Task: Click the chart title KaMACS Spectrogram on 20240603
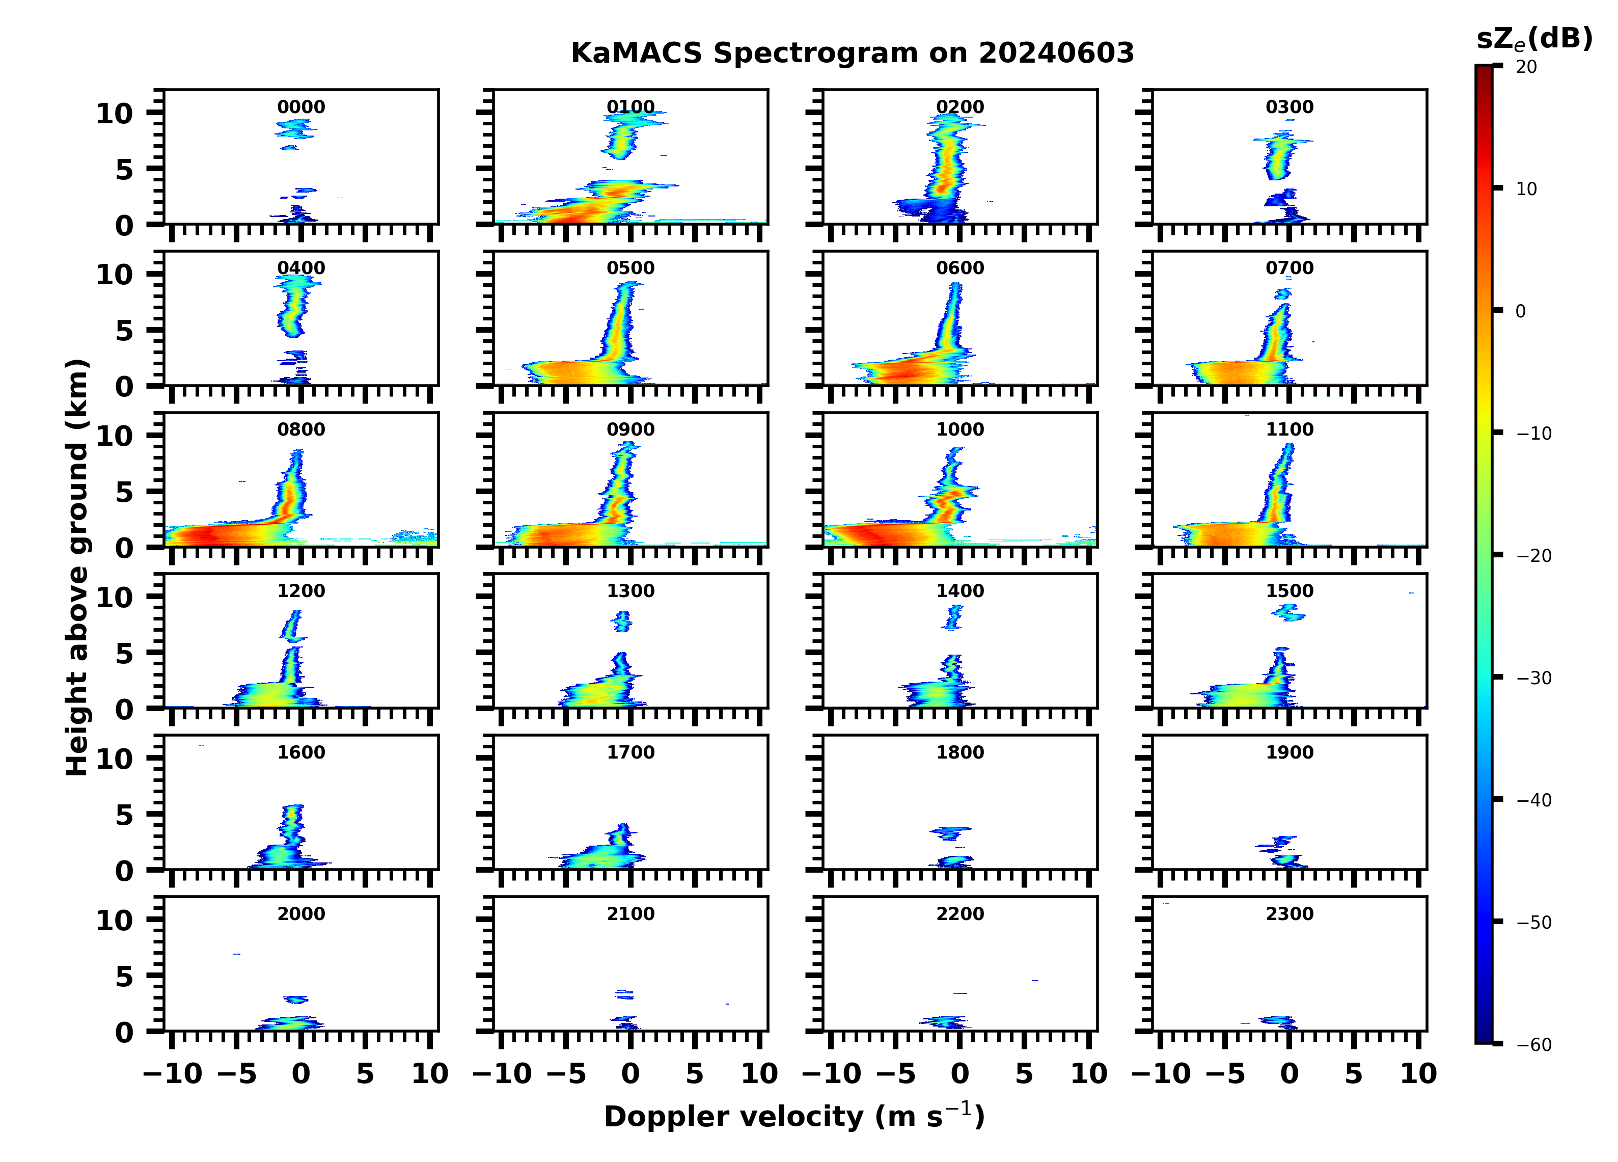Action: [x=852, y=53]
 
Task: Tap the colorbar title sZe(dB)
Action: [x=1534, y=39]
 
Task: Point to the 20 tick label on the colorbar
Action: [x=1527, y=67]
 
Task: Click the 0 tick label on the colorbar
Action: [x=1520, y=311]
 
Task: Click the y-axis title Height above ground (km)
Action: [x=77, y=568]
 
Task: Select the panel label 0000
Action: [x=301, y=107]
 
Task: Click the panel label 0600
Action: [x=960, y=268]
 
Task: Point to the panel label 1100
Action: [x=1290, y=429]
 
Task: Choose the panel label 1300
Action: [x=630, y=591]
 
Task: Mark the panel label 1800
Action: [x=960, y=752]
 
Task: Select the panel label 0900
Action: [x=630, y=429]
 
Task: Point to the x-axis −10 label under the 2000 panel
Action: [x=173, y=1073]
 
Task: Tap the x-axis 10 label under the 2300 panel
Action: [x=1418, y=1073]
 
